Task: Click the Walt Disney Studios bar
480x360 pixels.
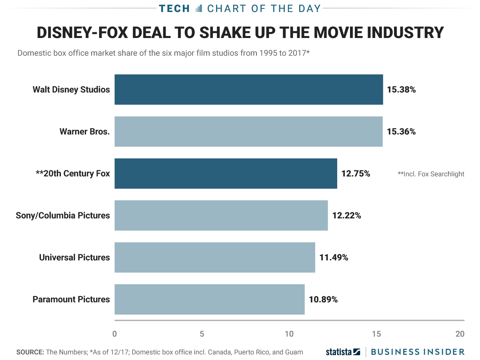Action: (248, 90)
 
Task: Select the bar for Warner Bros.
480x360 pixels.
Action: (248, 132)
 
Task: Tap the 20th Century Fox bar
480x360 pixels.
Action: (226, 174)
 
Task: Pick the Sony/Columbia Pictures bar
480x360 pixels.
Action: (221, 216)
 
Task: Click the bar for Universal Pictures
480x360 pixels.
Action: (214, 257)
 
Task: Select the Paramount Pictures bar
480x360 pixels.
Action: (209, 299)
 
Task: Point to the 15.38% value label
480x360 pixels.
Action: (401, 90)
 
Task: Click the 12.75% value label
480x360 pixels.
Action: (356, 174)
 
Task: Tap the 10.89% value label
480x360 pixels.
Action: (323, 299)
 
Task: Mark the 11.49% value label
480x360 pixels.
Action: (334, 257)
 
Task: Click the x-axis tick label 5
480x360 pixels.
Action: (202, 334)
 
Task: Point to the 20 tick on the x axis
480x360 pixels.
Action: (460, 334)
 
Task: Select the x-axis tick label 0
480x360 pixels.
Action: (115, 334)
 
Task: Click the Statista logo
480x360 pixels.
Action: (343, 352)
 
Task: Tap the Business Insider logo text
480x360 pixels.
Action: (418, 352)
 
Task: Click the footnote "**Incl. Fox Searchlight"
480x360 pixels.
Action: (431, 174)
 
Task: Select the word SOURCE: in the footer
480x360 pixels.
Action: (30, 352)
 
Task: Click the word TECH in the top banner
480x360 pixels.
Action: (174, 8)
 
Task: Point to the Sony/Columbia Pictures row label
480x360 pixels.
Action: (63, 216)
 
